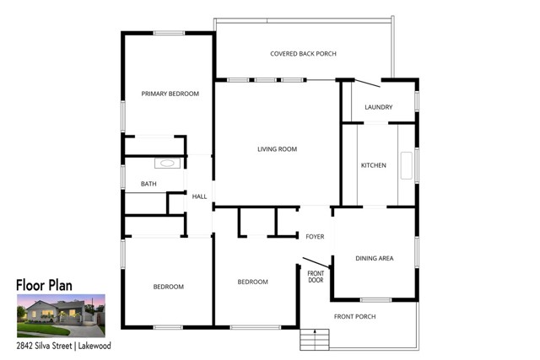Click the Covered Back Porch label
click(x=303, y=54)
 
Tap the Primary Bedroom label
click(x=170, y=94)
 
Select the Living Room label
click(x=278, y=149)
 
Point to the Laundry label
click(x=379, y=107)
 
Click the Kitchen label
click(x=373, y=165)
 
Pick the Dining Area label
click(x=375, y=258)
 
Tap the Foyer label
click(x=315, y=236)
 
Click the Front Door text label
click(x=316, y=277)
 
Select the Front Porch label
click(x=354, y=316)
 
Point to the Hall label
click(x=199, y=196)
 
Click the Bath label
click(x=148, y=184)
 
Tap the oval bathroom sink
click(x=167, y=163)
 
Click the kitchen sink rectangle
click(x=407, y=165)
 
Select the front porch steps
click(x=315, y=340)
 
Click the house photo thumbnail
click(x=61, y=315)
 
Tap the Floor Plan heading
click(x=44, y=285)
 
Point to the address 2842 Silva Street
click(x=44, y=346)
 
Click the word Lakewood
click(x=94, y=346)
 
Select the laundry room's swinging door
click(x=368, y=83)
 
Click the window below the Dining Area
click(x=375, y=300)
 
